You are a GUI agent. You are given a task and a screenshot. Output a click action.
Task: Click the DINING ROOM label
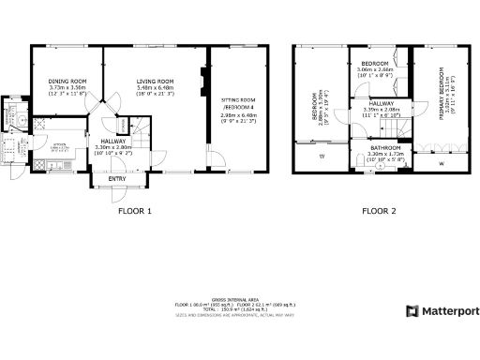67,81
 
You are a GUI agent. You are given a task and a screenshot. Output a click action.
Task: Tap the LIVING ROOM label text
156,81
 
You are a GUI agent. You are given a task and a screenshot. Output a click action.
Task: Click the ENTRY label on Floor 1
117,178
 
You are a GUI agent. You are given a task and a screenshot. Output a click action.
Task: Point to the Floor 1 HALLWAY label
113,142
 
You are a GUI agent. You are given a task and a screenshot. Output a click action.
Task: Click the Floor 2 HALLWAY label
380,103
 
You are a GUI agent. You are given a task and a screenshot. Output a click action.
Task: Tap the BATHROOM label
385,148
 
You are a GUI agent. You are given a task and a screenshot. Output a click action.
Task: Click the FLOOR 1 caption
134,211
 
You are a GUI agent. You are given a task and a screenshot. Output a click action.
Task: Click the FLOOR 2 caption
379,211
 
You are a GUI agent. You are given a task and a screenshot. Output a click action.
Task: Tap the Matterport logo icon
411,310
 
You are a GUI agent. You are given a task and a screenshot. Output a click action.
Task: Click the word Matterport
448,310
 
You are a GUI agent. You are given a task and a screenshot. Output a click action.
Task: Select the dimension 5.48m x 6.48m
156,87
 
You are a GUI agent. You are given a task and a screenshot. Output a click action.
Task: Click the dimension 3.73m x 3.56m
67,87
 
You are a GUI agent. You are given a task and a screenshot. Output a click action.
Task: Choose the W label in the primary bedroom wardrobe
441,164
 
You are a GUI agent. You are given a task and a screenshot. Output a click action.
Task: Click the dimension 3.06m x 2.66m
375,69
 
